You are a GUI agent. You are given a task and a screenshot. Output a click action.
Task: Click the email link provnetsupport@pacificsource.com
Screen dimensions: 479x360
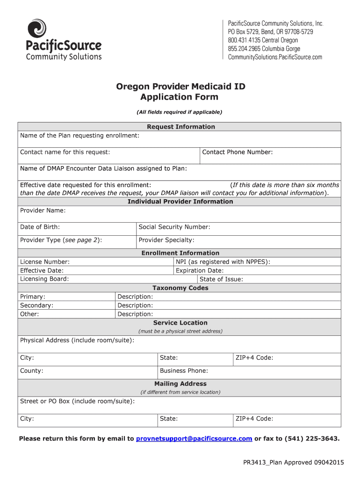click(x=194, y=438)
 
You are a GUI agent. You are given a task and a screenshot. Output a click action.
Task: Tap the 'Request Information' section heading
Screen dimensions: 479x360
click(x=181, y=127)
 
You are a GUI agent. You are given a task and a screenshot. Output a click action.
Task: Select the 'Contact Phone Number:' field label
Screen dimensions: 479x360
click(x=237, y=152)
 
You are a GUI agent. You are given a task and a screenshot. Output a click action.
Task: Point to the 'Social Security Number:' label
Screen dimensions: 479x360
click(x=174, y=227)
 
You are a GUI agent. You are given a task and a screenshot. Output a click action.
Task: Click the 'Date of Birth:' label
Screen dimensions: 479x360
click(x=40, y=227)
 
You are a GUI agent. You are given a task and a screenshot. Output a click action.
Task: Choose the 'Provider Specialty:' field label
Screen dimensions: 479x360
click(x=166, y=240)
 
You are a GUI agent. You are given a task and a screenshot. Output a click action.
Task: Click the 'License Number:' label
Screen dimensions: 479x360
click(x=45, y=262)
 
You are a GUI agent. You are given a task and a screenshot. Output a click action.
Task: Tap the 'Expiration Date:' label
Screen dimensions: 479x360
click(x=200, y=270)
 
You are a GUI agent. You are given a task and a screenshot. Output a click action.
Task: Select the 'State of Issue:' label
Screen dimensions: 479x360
click(x=221, y=279)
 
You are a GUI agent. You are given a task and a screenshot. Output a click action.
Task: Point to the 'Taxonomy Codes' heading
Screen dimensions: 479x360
click(x=180, y=288)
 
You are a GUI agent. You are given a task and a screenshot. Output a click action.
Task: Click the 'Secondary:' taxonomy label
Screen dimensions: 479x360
click(x=36, y=305)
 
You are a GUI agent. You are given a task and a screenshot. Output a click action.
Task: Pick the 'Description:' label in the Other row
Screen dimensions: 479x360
click(x=135, y=314)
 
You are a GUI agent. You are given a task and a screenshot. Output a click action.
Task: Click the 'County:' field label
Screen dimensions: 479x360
click(x=31, y=371)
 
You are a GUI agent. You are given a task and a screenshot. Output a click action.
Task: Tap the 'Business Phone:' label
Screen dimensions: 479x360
click(x=184, y=371)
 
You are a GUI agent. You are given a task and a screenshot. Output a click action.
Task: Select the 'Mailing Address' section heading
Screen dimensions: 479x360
click(x=180, y=384)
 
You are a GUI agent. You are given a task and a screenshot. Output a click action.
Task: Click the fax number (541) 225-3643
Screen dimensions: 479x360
click(x=311, y=438)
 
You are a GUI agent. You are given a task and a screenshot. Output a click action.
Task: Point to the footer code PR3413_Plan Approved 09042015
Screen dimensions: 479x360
click(x=293, y=463)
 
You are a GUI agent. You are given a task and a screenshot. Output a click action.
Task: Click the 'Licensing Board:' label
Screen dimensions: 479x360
click(x=44, y=279)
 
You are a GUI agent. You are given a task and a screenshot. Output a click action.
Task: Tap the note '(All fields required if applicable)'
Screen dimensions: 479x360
click(x=180, y=112)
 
